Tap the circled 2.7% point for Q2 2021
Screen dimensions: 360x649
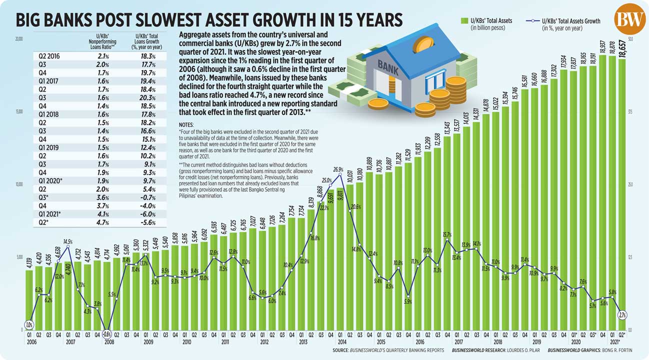(x=622, y=315)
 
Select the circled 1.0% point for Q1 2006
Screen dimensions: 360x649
(x=29, y=325)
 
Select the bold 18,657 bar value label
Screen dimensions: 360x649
(x=622, y=51)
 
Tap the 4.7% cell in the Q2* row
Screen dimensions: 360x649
(x=102, y=222)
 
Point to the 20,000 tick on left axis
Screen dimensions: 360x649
(x=20, y=38)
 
